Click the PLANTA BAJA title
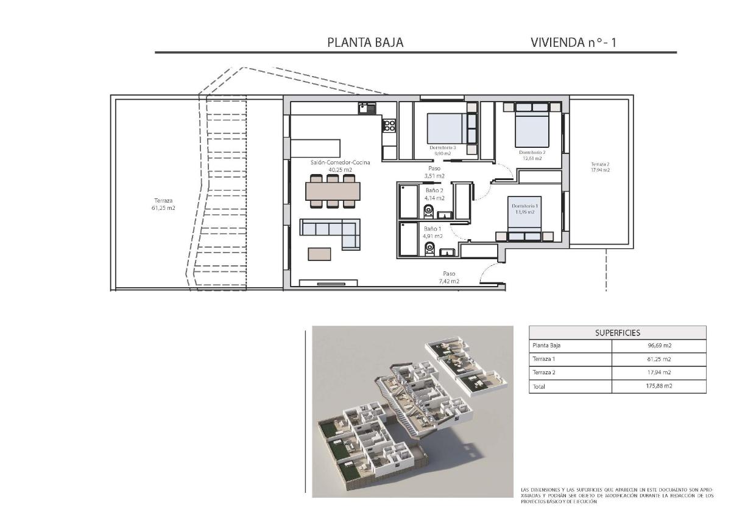click(365, 42)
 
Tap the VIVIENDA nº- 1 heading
click(573, 42)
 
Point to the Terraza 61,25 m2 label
click(163, 204)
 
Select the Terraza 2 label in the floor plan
click(599, 167)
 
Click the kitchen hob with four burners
click(389, 127)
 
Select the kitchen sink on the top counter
click(367, 108)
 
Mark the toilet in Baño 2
click(428, 211)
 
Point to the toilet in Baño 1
click(429, 246)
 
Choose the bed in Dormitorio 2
click(532, 125)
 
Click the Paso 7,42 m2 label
click(448, 277)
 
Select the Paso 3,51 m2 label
click(434, 172)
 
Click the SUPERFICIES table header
click(617, 333)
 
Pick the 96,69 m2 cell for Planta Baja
click(659, 345)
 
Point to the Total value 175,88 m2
click(659, 386)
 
